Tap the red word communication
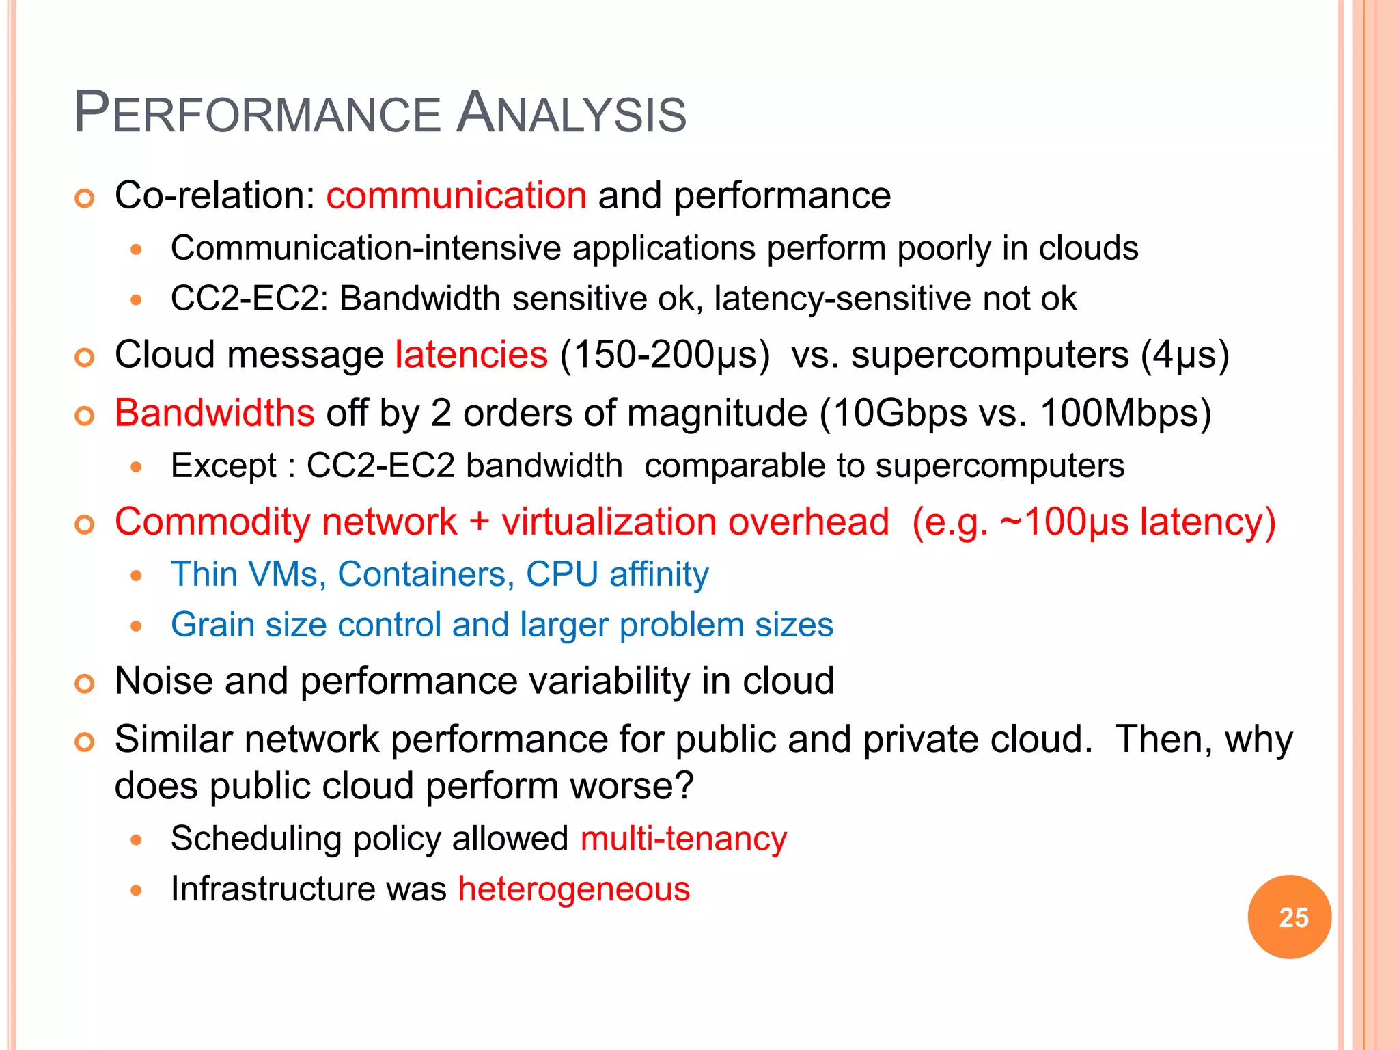(x=456, y=196)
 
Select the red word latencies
(x=471, y=355)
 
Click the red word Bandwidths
(x=214, y=414)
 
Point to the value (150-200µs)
(x=664, y=355)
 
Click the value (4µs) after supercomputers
(x=1185, y=355)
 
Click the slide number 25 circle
(x=1289, y=917)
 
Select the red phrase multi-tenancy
(x=683, y=838)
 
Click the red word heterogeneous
(x=574, y=889)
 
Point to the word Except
(x=223, y=466)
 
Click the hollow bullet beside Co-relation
(x=84, y=199)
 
